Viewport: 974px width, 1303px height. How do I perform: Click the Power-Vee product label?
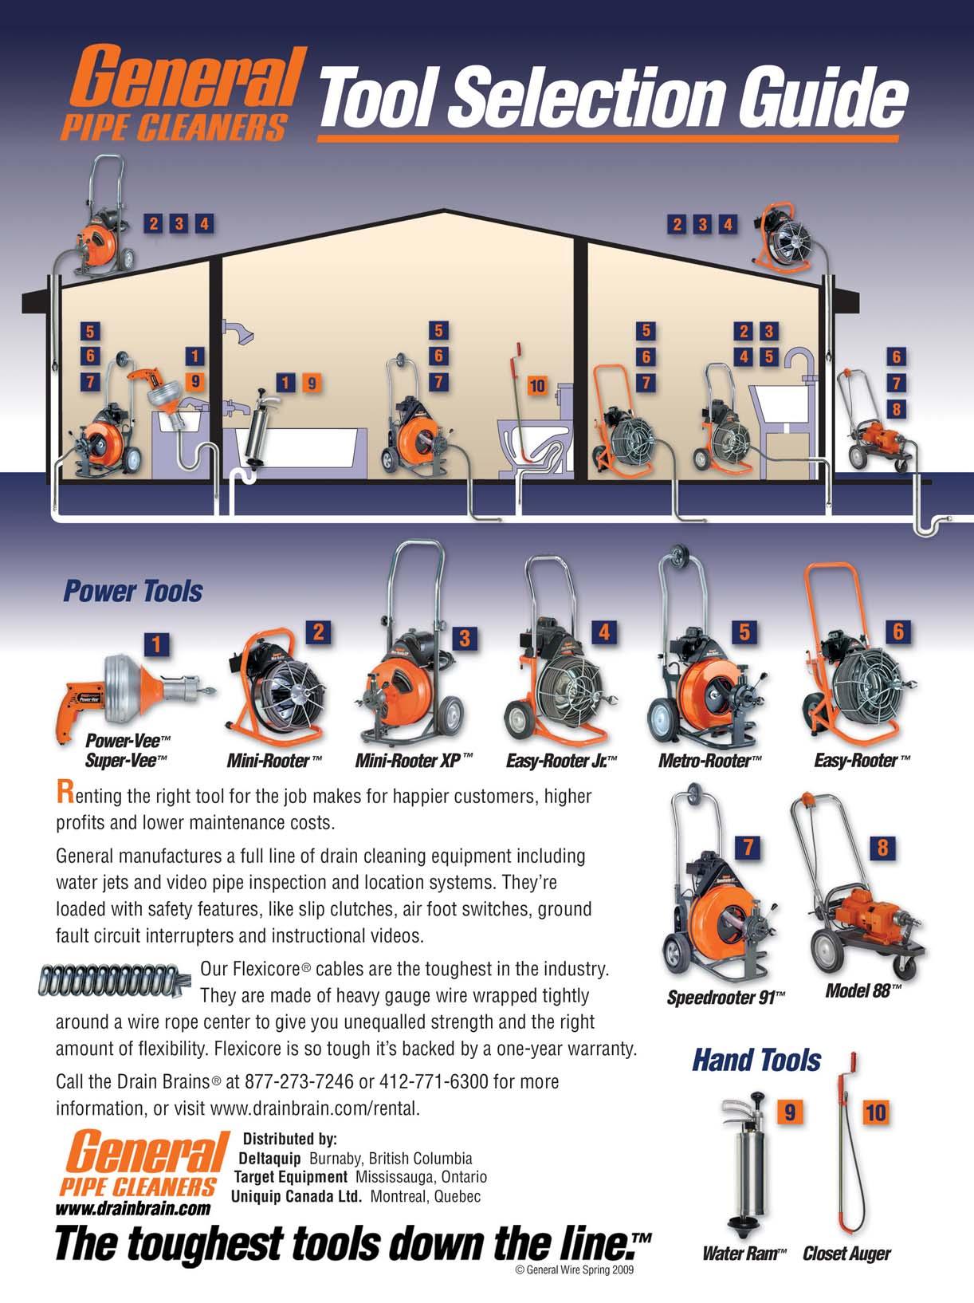(x=128, y=741)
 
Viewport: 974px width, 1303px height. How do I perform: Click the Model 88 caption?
(x=863, y=990)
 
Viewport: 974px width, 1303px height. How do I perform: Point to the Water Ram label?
(x=744, y=1254)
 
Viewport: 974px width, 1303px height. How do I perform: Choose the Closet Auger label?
(x=846, y=1254)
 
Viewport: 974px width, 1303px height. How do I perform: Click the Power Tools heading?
(x=133, y=591)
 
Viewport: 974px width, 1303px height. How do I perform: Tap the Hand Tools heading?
(x=757, y=1060)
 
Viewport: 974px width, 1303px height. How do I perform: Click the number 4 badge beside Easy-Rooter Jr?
(x=604, y=632)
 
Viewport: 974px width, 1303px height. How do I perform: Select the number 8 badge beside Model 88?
(x=882, y=848)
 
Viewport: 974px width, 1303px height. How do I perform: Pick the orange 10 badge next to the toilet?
(x=537, y=386)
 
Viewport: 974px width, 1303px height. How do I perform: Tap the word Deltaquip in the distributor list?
(x=270, y=1158)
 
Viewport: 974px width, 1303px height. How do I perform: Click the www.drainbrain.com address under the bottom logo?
(x=133, y=1208)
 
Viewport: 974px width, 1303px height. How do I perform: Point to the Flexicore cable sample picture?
(x=115, y=979)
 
